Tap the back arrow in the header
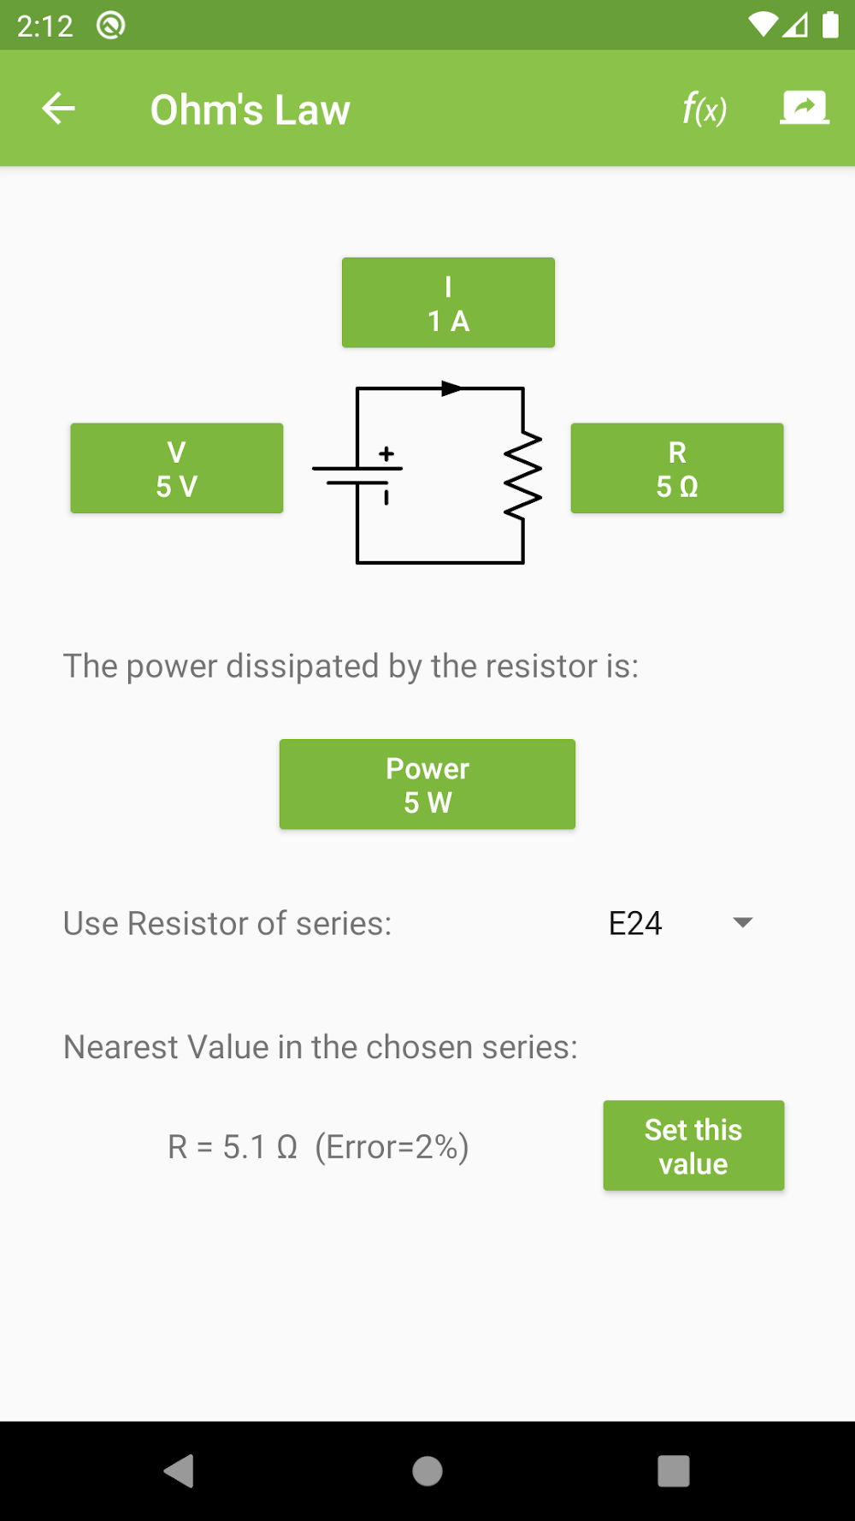(x=58, y=109)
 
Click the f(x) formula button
(x=704, y=109)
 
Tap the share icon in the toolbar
(x=804, y=108)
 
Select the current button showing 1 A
(x=448, y=303)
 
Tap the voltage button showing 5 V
(x=177, y=469)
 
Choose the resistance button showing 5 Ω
(x=677, y=469)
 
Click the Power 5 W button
(x=427, y=784)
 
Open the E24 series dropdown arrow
(x=743, y=922)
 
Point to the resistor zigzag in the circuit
(x=523, y=476)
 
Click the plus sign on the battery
(x=386, y=453)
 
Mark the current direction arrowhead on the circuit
(x=451, y=388)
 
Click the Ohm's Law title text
(x=250, y=109)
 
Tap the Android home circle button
(x=427, y=1471)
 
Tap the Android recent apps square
(x=674, y=1471)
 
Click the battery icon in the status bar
(x=830, y=26)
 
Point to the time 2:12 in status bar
(x=44, y=26)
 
